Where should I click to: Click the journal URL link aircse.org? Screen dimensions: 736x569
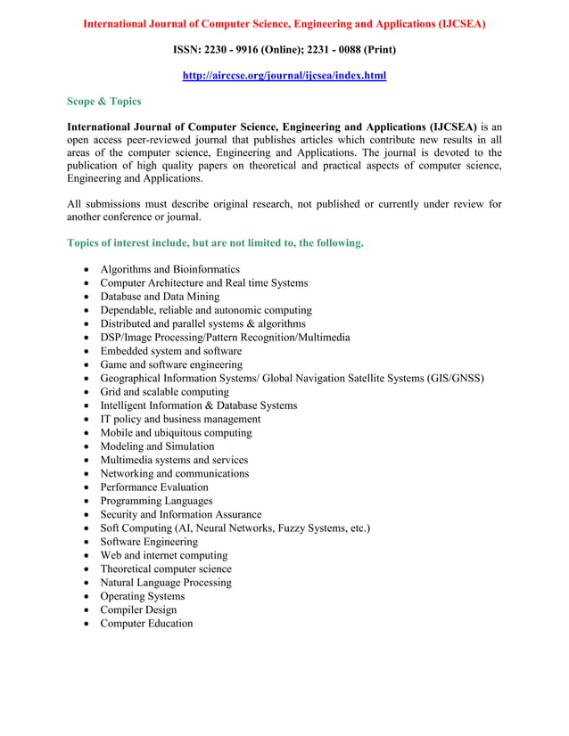[x=284, y=77]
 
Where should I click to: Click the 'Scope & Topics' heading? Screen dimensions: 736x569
[x=104, y=102]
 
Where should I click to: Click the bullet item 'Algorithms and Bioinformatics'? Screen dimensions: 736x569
[x=169, y=269]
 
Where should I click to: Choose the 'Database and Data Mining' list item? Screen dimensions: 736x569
[x=160, y=297]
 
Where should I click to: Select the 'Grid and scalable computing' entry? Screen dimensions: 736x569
[x=164, y=392]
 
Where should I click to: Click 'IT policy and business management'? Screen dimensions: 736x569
[x=180, y=419]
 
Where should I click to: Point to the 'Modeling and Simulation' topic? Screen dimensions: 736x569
[x=157, y=446]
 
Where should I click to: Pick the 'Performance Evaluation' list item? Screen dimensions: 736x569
[x=154, y=487]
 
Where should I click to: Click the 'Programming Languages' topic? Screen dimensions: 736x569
[x=156, y=501]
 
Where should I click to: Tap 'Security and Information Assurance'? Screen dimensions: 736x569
[x=181, y=514]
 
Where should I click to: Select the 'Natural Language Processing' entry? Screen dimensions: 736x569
[x=166, y=583]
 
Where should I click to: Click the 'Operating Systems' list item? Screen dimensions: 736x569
[x=143, y=596]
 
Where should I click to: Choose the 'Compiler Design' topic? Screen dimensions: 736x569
[x=138, y=609]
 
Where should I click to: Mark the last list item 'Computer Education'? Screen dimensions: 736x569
[x=146, y=624]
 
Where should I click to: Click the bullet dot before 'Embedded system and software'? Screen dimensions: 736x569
[x=85, y=352]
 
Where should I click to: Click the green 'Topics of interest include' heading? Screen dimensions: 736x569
[x=215, y=242]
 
